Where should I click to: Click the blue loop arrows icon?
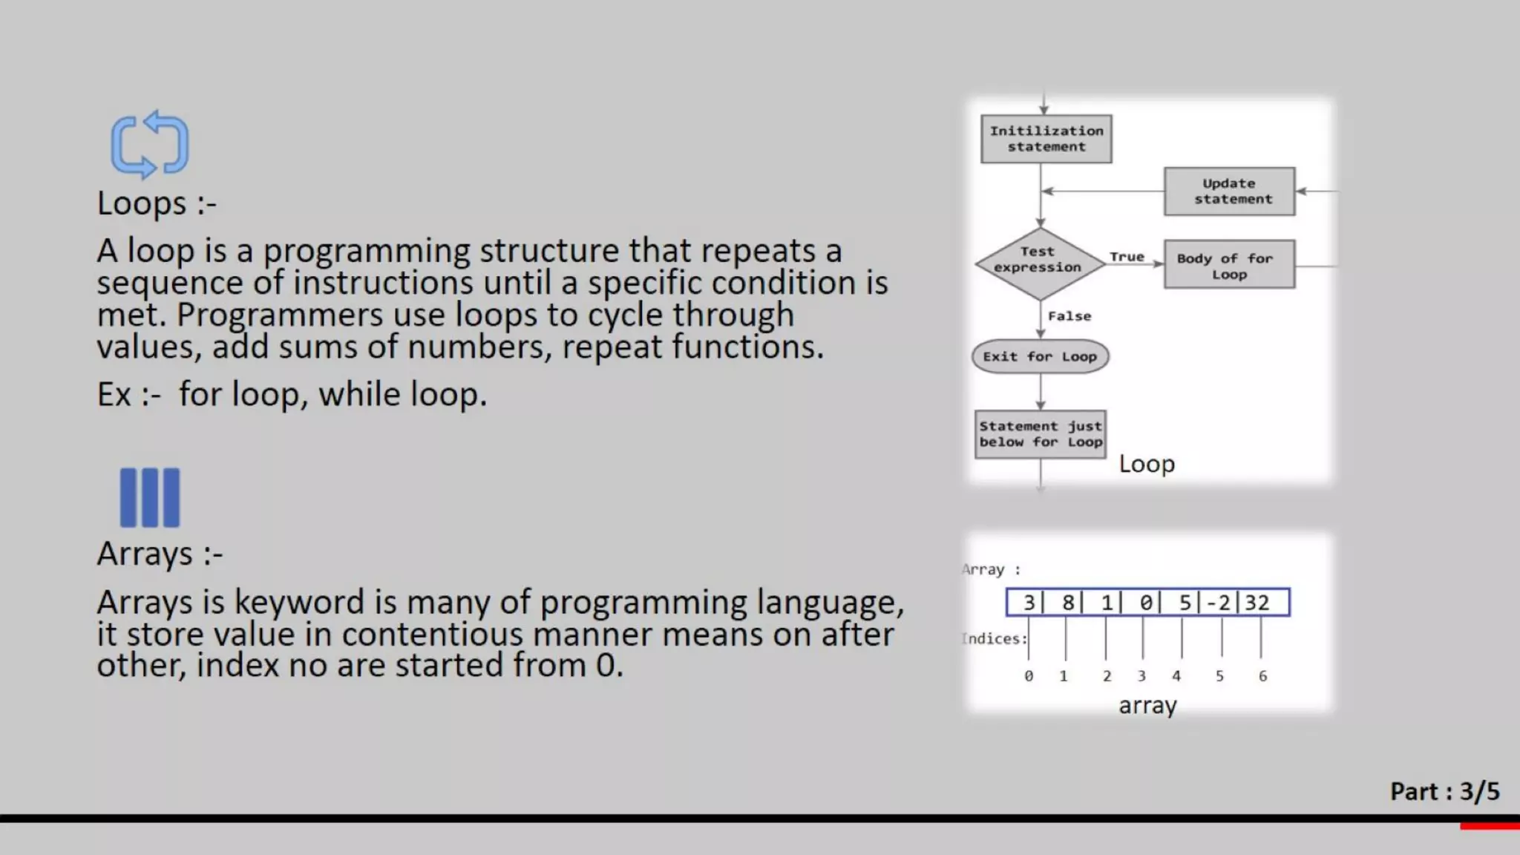coord(150,145)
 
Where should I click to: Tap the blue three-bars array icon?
coord(150,497)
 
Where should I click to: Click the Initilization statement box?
coord(1046,139)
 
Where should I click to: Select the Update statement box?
coord(1229,191)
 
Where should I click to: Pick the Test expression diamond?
coord(1038,263)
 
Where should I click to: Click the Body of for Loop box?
coord(1229,265)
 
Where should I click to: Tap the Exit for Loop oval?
coord(1040,357)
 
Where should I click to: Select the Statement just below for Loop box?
coord(1040,434)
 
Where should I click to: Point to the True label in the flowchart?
coord(1127,257)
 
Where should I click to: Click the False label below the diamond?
coord(1069,316)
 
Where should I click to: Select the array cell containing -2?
coord(1218,603)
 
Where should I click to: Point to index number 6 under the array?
coord(1262,676)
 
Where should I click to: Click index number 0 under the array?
coord(1029,676)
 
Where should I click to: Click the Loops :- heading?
coord(157,203)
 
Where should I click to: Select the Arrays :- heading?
coord(160,554)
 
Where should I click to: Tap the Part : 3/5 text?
coord(1444,792)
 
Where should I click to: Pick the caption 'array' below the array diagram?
coord(1147,705)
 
